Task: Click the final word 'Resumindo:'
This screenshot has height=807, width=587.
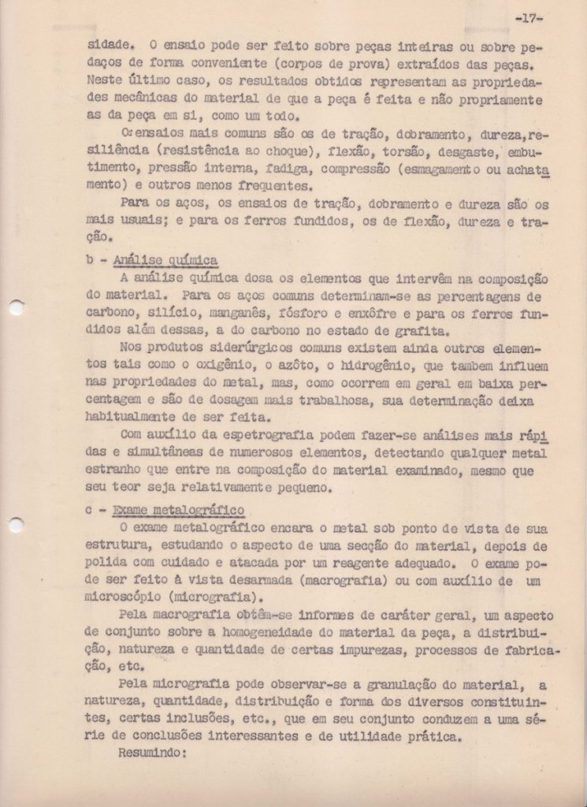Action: (x=150, y=753)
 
